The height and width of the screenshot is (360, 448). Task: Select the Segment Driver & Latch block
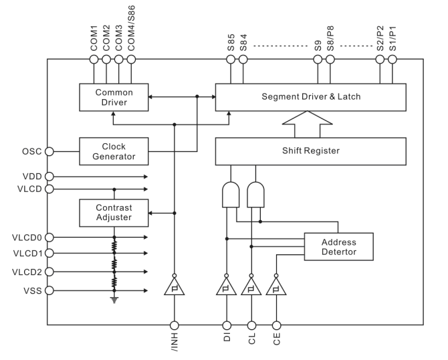[310, 97]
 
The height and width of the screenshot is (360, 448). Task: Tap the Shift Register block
[310, 151]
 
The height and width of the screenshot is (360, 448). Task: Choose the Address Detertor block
[338, 246]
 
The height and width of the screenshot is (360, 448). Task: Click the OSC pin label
[31, 151]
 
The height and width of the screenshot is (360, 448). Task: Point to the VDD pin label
[31, 177]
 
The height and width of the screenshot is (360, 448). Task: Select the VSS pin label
[31, 291]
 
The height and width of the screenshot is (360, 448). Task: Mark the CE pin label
[276, 337]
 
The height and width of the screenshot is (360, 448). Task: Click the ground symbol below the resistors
[114, 300]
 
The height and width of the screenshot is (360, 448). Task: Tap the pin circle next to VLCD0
[48, 237]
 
